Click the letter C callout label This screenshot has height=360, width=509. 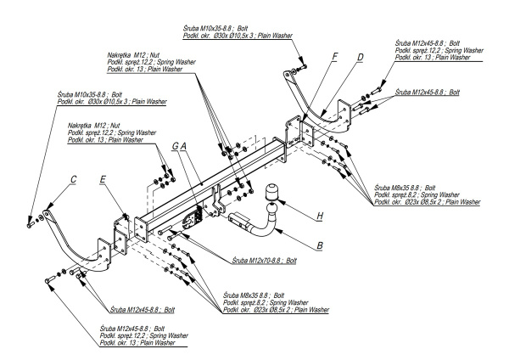[x=74, y=179]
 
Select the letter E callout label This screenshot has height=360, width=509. [x=103, y=179]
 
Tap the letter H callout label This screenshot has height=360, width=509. [x=320, y=217]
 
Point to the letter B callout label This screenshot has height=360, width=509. [x=319, y=247]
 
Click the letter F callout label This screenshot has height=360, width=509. [x=335, y=57]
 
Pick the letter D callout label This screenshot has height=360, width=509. [x=360, y=57]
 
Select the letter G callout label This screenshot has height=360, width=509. [x=175, y=146]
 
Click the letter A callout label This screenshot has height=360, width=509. [x=183, y=146]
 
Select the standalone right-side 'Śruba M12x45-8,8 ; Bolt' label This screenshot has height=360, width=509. [x=429, y=91]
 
